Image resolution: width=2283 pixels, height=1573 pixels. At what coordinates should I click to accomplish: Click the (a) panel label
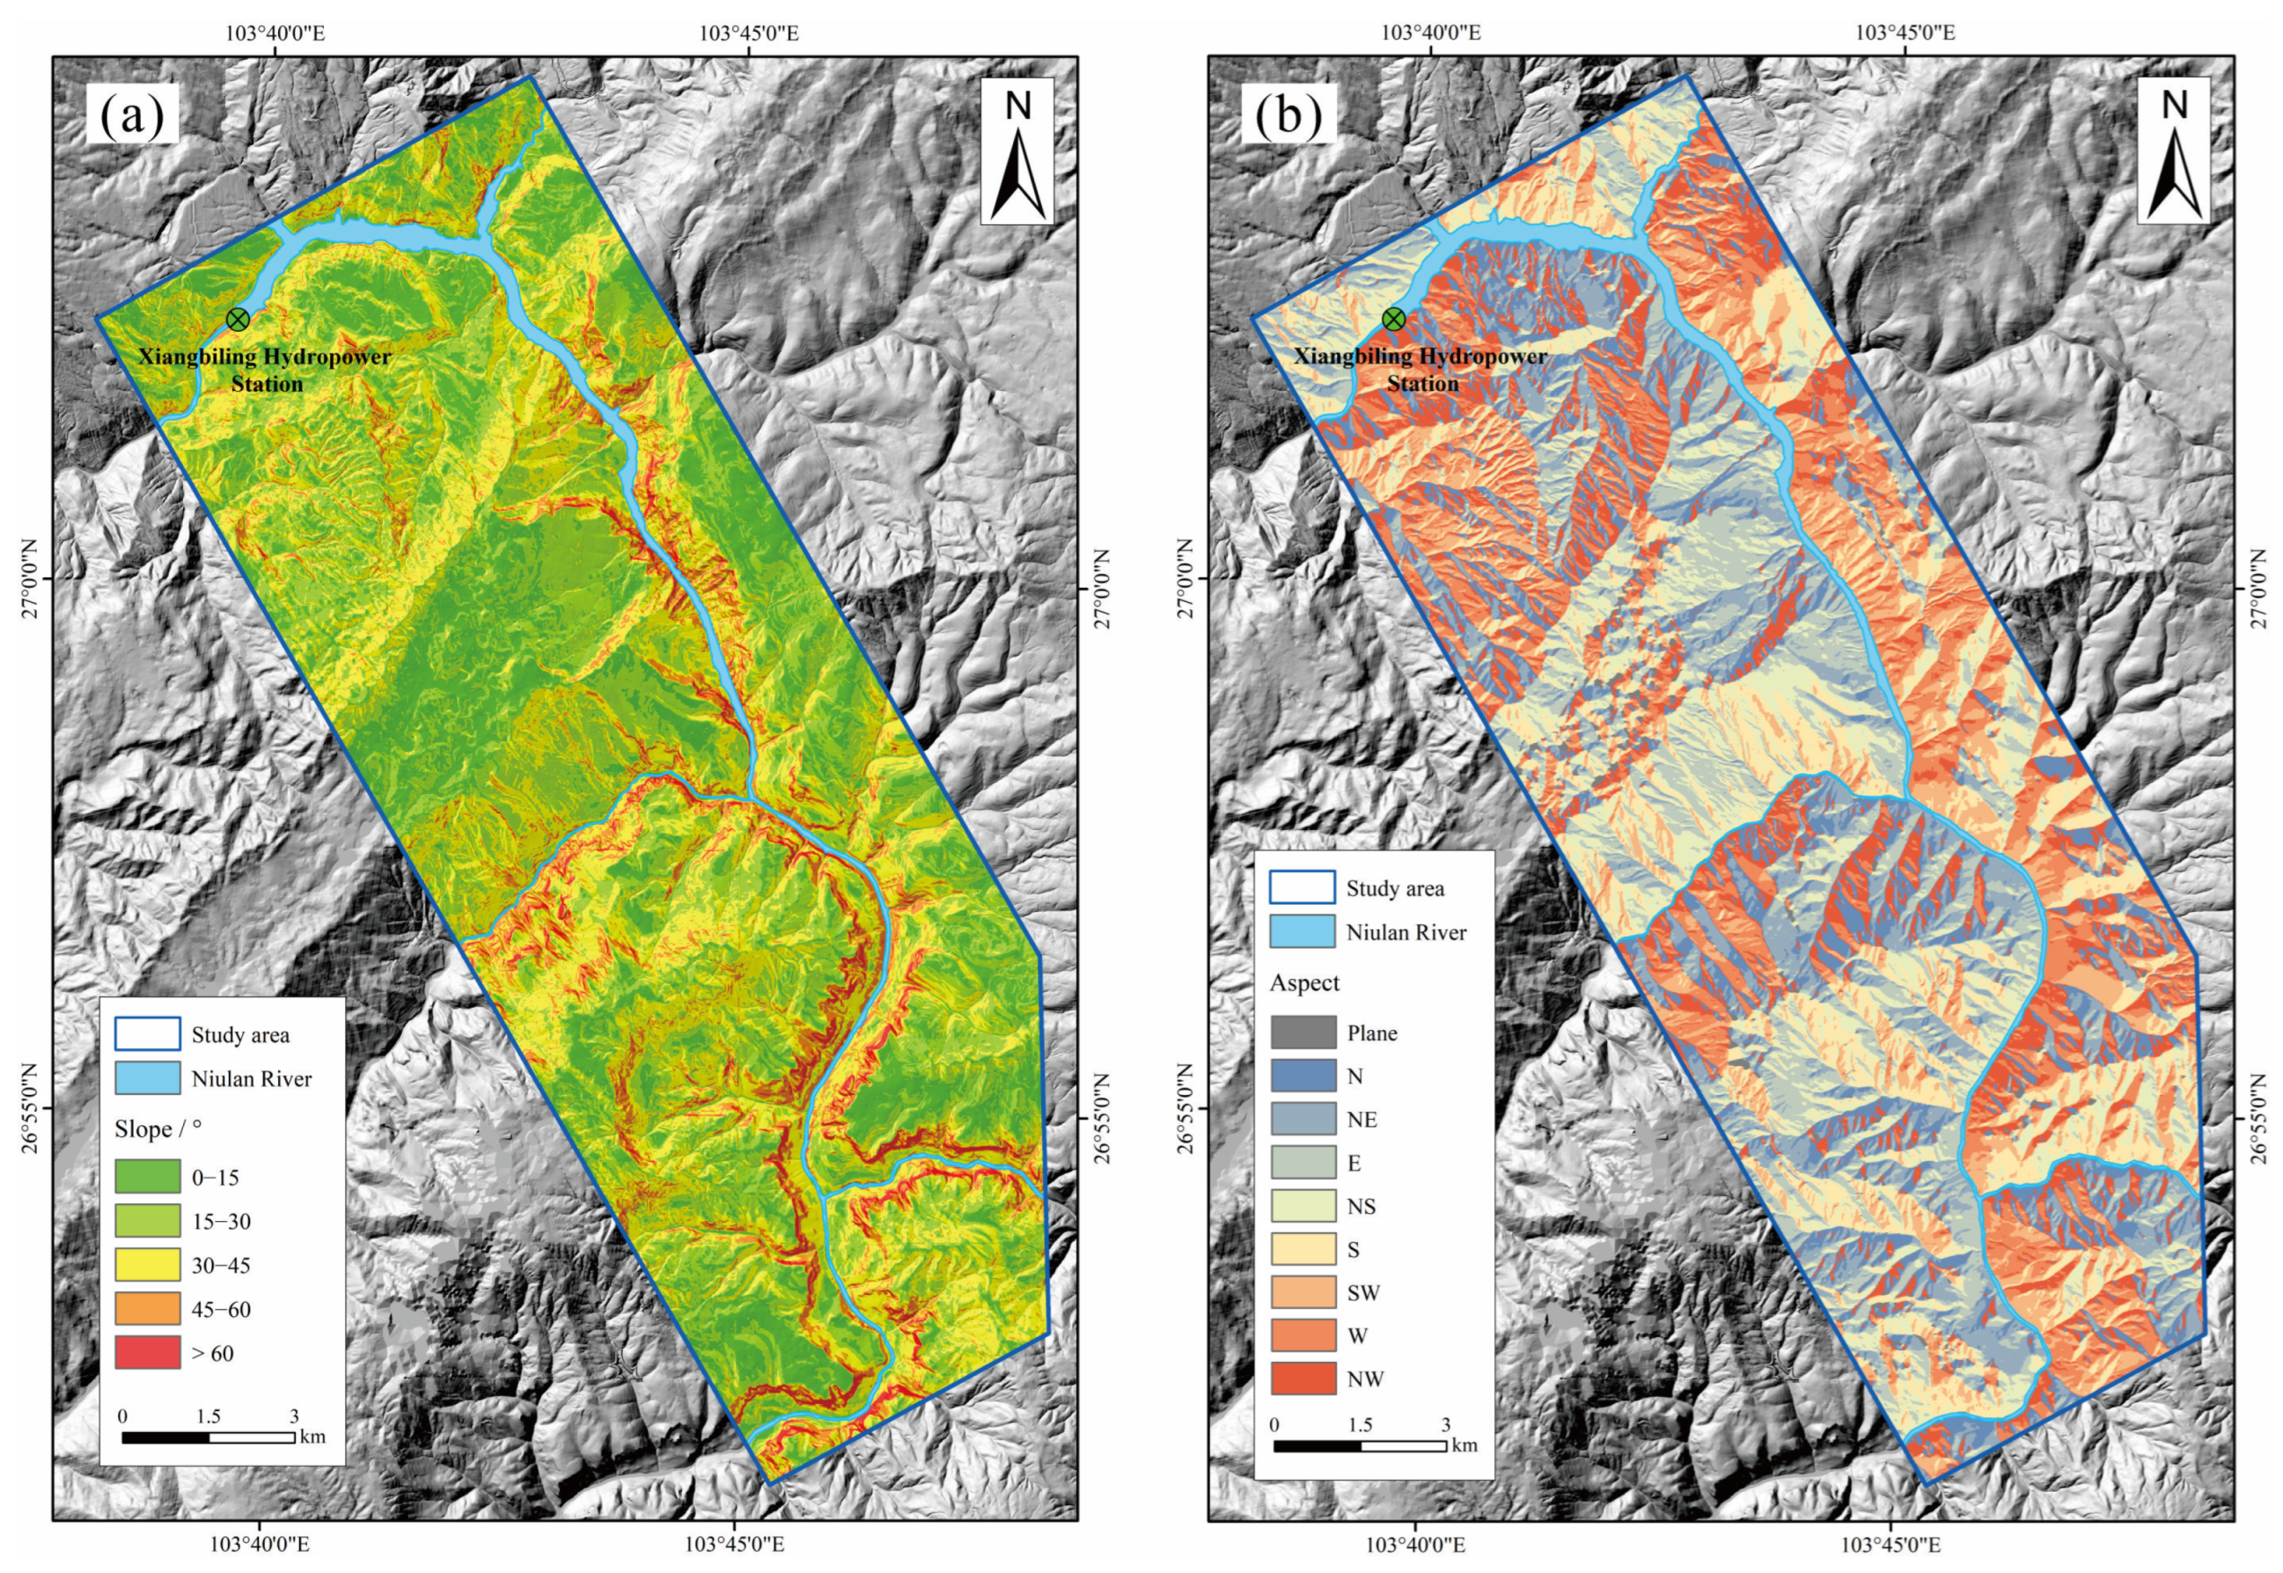pyautogui.click(x=132, y=114)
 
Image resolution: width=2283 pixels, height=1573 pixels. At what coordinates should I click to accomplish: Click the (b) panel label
pyautogui.click(x=1288, y=114)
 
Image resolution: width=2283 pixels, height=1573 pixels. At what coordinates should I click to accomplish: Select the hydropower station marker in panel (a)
pyautogui.click(x=238, y=320)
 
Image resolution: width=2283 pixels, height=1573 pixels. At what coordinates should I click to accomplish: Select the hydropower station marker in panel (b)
pyautogui.click(x=1393, y=320)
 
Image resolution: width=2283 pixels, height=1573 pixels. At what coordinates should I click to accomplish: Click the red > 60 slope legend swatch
pyautogui.click(x=147, y=1352)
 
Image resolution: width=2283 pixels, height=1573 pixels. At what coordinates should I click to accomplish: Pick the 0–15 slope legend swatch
pyautogui.click(x=147, y=1177)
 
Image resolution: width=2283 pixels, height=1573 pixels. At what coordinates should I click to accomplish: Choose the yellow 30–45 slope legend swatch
pyautogui.click(x=147, y=1265)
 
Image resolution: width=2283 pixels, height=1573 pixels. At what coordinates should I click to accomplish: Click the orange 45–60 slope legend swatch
pyautogui.click(x=147, y=1309)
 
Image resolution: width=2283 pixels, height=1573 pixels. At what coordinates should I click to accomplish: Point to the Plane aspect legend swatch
pyautogui.click(x=1303, y=1033)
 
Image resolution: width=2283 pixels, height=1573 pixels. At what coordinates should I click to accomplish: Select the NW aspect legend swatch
pyautogui.click(x=1303, y=1378)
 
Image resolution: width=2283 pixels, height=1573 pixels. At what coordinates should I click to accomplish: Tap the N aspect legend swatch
pyautogui.click(x=1303, y=1077)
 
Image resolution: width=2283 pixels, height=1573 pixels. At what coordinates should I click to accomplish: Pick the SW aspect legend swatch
pyautogui.click(x=1303, y=1292)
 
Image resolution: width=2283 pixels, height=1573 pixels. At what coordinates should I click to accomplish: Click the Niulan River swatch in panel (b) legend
pyautogui.click(x=1303, y=932)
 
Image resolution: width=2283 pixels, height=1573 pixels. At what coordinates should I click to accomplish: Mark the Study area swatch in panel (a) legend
pyautogui.click(x=147, y=1034)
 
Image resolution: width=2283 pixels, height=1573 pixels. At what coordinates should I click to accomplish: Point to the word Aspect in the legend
pyautogui.click(x=1304, y=982)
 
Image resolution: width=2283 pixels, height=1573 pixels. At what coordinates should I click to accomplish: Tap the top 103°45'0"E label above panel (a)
pyautogui.click(x=749, y=33)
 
